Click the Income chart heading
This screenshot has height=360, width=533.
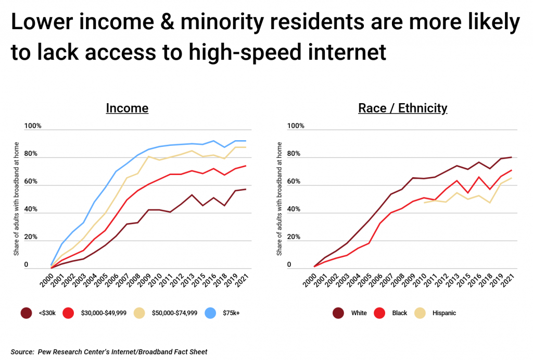coord(127,108)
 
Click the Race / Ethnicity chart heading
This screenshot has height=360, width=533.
coord(402,108)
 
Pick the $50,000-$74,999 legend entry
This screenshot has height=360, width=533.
coord(167,313)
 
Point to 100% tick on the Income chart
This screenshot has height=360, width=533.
coord(32,126)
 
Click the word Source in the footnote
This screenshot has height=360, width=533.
coord(22,352)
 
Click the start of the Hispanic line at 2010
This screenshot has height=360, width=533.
coord(425,202)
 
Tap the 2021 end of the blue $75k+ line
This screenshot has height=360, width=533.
coord(246,141)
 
